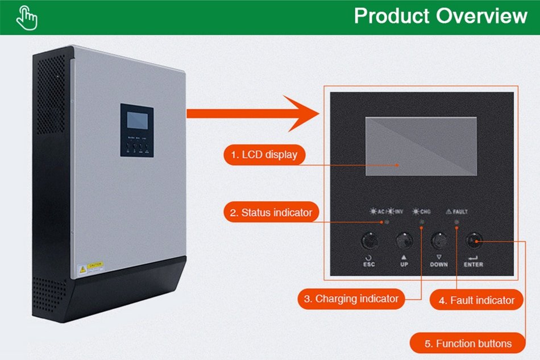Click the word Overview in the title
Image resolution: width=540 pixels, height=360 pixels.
coord(481,16)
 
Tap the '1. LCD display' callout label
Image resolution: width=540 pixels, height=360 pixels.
coord(264,154)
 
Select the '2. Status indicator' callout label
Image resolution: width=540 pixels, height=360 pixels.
coord(271,213)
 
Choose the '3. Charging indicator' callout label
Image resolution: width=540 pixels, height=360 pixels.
coord(351,299)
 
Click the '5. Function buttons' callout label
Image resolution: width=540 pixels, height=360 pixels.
coord(467,343)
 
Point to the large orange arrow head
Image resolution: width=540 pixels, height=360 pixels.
coord(304,113)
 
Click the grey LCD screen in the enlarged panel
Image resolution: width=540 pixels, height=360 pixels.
coord(421,146)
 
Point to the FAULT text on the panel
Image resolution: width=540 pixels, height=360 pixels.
coord(460,212)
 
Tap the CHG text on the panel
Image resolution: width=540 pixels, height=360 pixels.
coord(425,212)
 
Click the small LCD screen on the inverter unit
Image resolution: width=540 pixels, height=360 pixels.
coord(137,121)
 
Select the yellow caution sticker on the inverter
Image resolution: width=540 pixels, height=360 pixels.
coord(94,266)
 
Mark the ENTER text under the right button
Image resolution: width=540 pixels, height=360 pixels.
coord(473,264)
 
